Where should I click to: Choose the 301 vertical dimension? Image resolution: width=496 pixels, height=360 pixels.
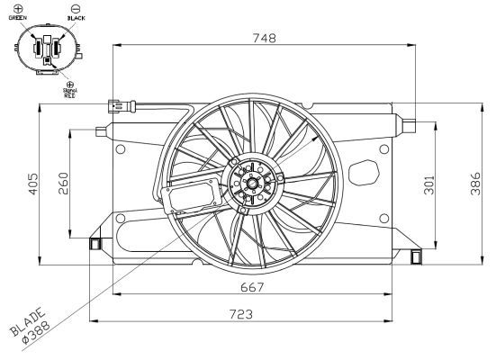pos(428,185)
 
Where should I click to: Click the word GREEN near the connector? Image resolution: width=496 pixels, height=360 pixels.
pos(18,17)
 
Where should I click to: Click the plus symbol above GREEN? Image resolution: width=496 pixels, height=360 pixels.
pos(18,7)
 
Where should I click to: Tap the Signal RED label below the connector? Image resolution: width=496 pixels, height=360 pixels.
pos(70,91)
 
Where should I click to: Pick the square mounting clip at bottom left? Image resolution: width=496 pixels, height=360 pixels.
pos(94,242)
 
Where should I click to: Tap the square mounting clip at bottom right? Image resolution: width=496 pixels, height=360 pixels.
pos(415,257)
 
